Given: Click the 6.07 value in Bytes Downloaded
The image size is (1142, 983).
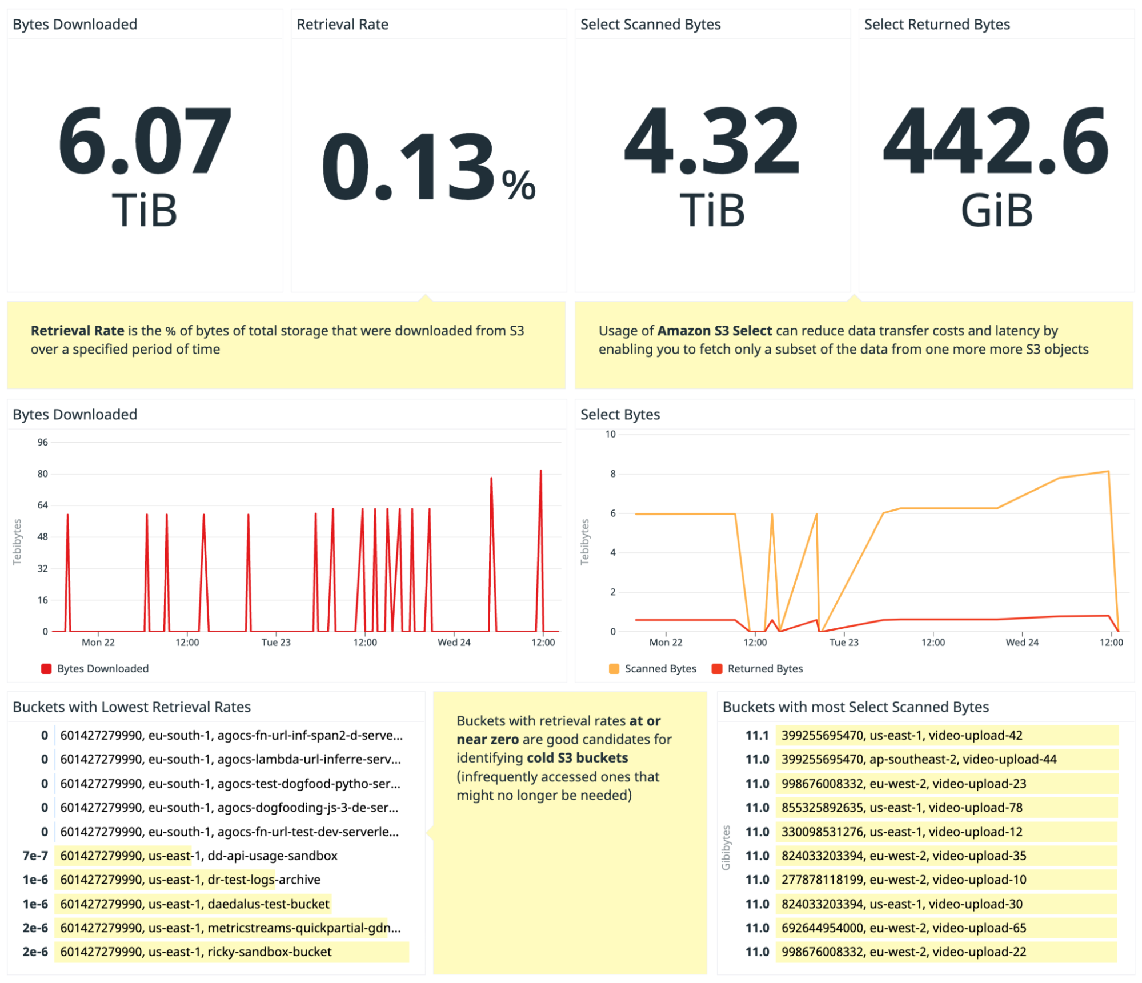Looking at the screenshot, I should [x=145, y=141].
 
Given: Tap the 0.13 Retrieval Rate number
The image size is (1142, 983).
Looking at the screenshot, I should [x=408, y=167].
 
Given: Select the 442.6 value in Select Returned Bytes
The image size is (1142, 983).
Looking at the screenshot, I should [x=996, y=141].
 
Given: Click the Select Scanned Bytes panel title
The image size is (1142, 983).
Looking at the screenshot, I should [x=650, y=25].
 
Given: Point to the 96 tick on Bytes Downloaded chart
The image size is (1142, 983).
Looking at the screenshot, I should [x=43, y=442].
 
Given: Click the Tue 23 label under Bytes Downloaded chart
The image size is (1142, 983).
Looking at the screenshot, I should [x=276, y=642].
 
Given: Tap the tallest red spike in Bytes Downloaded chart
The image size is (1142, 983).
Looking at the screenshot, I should [x=540, y=472].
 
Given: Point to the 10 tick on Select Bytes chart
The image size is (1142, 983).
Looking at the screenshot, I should [x=610, y=434].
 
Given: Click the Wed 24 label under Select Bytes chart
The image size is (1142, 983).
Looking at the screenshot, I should [x=1022, y=642].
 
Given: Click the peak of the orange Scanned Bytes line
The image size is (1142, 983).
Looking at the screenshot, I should [x=1108, y=472].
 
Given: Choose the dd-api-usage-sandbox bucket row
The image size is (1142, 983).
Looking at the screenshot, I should [x=199, y=856].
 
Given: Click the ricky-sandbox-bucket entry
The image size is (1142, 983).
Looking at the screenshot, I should [x=196, y=952].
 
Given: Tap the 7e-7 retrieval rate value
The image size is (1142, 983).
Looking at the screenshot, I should [x=35, y=856].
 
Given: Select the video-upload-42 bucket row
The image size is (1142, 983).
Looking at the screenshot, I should [x=901, y=735].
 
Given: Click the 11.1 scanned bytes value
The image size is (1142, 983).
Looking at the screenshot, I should [x=757, y=735].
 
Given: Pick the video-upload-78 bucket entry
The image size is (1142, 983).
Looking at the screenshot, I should [x=901, y=807].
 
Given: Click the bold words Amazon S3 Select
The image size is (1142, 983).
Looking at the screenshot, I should [x=714, y=331].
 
